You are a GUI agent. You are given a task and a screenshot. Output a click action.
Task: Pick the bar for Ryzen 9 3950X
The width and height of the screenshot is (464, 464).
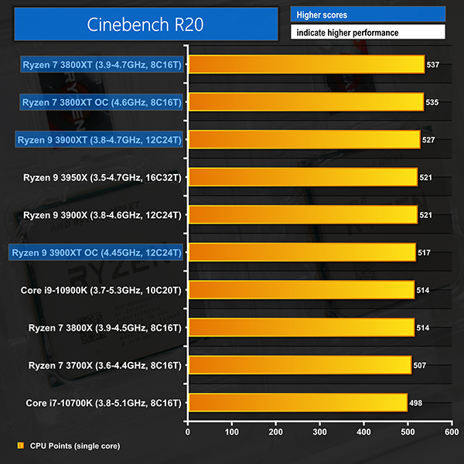(x=302, y=177)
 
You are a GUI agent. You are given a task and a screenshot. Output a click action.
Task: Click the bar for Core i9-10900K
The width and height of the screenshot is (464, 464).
(x=301, y=289)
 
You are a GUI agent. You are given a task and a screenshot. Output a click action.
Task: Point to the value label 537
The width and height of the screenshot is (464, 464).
(x=433, y=64)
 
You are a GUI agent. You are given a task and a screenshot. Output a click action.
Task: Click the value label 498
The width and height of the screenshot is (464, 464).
(x=416, y=402)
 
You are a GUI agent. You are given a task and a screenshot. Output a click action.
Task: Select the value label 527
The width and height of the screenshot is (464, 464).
(x=429, y=139)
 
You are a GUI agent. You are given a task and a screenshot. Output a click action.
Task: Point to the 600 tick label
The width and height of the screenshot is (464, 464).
(x=451, y=429)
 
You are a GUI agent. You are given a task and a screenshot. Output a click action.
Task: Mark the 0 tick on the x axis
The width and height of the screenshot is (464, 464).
(x=187, y=429)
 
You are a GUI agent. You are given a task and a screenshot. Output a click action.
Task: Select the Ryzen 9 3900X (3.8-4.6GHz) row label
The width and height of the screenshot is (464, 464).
(x=102, y=214)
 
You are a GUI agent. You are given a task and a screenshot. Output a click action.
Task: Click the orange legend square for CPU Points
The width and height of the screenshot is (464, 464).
(x=19, y=445)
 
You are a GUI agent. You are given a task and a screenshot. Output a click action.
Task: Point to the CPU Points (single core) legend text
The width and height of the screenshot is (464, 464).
(x=75, y=445)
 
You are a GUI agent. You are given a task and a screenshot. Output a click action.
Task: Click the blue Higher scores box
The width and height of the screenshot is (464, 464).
(x=368, y=14)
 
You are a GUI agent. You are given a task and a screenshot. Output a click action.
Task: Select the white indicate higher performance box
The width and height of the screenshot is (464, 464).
(x=368, y=32)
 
